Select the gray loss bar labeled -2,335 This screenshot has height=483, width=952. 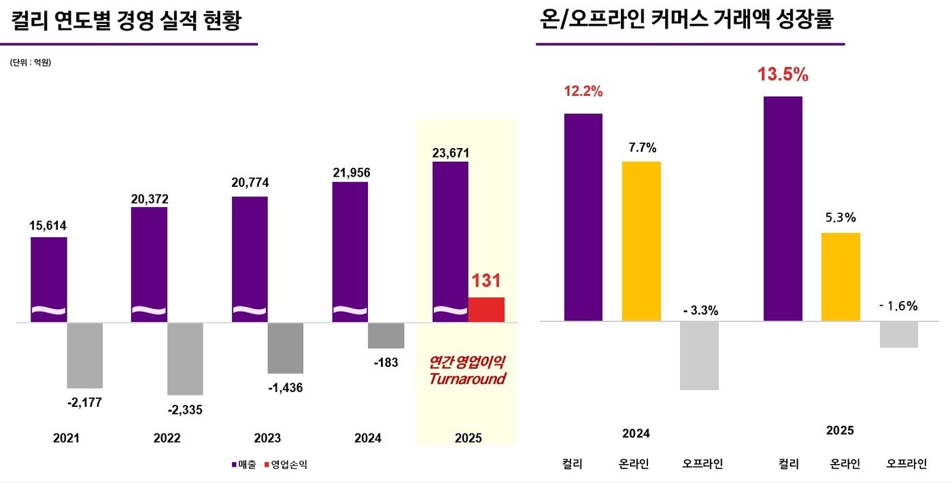pyautogui.click(x=185, y=359)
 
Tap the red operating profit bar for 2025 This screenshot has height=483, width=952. pyautogui.click(x=486, y=309)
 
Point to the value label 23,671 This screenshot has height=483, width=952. pyautogui.click(x=450, y=153)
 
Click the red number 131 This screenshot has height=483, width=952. pyautogui.click(x=486, y=281)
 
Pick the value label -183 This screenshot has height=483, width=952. pyautogui.click(x=386, y=362)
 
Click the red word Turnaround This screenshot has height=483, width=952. pyautogui.click(x=467, y=379)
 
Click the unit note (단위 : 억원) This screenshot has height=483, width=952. pyautogui.click(x=31, y=63)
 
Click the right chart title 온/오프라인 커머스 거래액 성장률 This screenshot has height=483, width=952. pyautogui.click(x=685, y=20)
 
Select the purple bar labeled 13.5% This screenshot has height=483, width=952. pyautogui.click(x=783, y=208)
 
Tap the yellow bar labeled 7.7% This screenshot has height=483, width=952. pyautogui.click(x=641, y=241)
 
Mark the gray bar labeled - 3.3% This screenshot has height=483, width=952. pyautogui.click(x=699, y=355)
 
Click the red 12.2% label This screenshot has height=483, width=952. pyautogui.click(x=583, y=91)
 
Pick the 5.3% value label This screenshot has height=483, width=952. pyautogui.click(x=840, y=218)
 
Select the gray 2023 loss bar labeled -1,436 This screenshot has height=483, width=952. pyautogui.click(x=285, y=348)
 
